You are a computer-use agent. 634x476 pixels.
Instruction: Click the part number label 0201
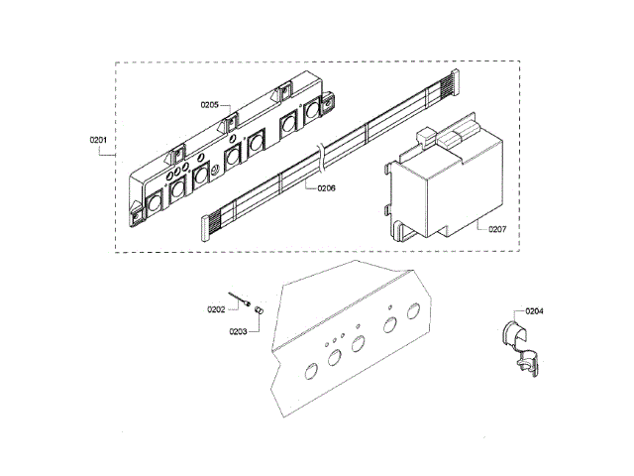coord(98,140)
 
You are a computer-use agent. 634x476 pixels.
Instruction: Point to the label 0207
coord(496,229)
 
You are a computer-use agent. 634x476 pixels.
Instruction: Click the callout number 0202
coord(215,309)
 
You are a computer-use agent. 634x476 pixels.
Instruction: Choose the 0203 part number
coord(238,331)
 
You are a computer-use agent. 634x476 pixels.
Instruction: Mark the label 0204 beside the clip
coord(534,311)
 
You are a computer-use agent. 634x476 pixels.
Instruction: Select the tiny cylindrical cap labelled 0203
coord(261,311)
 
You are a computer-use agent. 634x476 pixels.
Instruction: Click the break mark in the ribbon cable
coord(319,154)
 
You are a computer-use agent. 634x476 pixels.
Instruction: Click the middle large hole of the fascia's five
coord(359,344)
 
